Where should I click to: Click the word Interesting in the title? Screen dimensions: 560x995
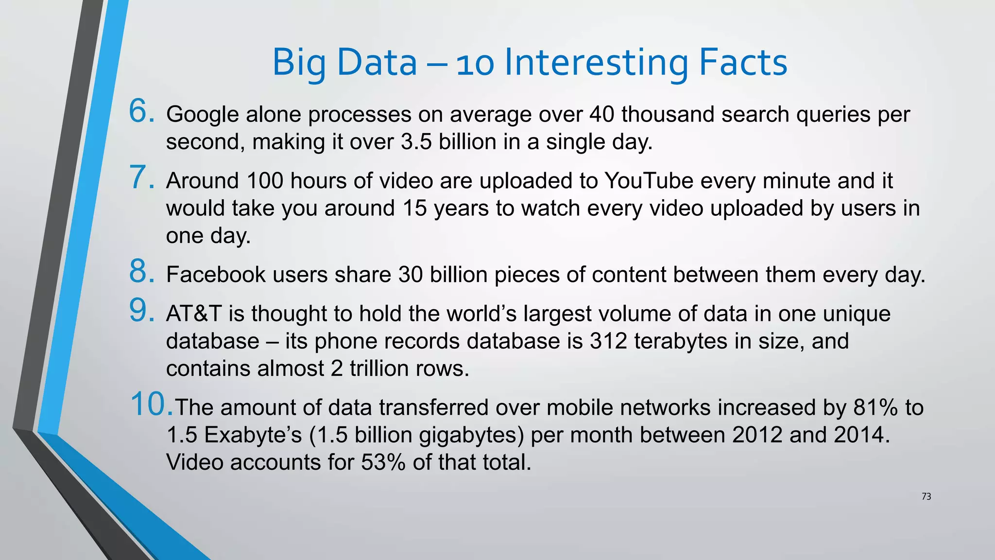coord(597,63)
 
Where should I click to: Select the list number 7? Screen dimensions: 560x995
coord(141,177)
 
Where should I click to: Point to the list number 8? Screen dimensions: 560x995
coord(141,271)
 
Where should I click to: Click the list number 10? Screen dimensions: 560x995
coord(151,404)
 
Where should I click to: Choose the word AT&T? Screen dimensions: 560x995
coord(194,314)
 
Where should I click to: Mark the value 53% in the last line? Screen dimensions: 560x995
coord(383,462)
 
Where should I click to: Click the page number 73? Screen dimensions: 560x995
coord(926,496)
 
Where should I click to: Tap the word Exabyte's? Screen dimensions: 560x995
coord(253,435)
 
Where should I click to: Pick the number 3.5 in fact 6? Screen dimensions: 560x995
coord(416,142)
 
